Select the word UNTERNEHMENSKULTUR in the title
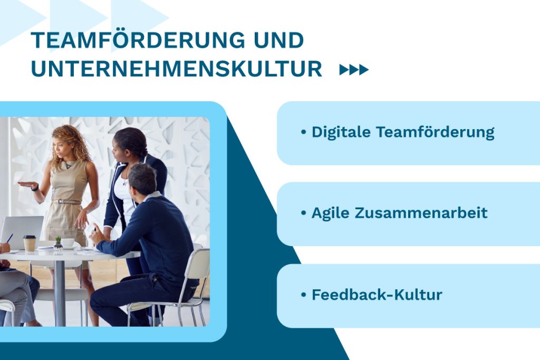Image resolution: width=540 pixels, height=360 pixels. (176, 70)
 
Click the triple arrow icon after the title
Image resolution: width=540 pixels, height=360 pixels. (354, 70)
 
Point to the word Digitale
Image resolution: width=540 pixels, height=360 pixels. (341, 132)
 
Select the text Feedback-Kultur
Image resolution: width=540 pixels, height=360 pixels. (377, 295)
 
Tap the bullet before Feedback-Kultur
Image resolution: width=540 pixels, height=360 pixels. (303, 295)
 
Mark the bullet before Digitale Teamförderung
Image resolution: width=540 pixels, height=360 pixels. (303, 132)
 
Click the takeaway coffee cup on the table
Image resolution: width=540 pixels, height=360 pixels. (30, 243)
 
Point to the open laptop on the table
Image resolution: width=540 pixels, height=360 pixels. (21, 232)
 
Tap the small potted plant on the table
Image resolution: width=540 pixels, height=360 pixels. (58, 244)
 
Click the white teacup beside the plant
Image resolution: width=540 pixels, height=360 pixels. (67, 243)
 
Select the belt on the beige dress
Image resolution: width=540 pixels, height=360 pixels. (67, 202)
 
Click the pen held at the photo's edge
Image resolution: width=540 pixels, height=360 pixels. (9, 238)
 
